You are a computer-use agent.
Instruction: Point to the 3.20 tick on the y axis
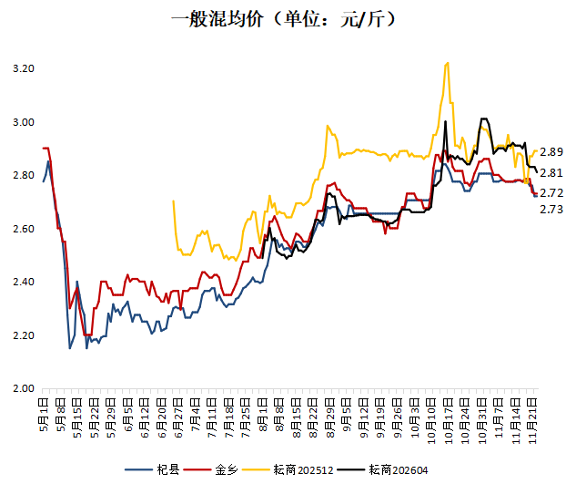24,69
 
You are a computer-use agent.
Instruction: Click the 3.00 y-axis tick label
24,122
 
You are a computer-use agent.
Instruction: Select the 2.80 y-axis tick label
24,176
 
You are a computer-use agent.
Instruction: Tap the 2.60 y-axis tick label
24,229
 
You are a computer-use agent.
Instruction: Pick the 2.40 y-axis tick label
24,283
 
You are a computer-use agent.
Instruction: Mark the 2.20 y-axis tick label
24,335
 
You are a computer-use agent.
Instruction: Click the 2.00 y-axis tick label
24,389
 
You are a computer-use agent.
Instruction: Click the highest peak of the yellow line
448,63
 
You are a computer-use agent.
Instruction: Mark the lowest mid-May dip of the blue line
69,348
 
